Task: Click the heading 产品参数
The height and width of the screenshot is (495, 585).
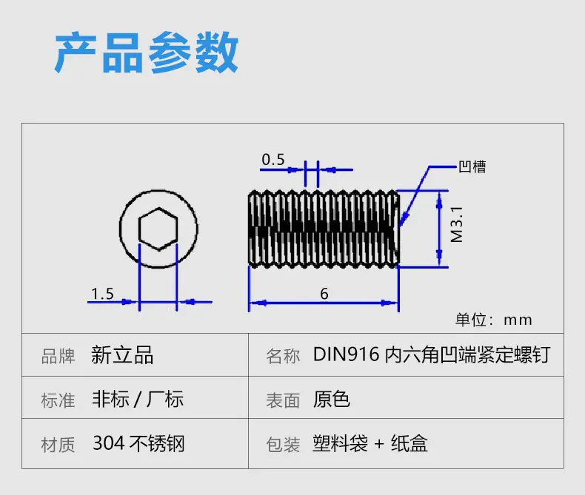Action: pos(147,53)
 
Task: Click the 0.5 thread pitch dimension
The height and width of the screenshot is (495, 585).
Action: pos(273,160)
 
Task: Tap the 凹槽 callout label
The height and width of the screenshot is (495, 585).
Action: pos(472,166)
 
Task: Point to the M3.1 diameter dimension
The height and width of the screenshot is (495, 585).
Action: pos(457,224)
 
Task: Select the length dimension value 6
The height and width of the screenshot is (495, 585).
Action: pos(324,294)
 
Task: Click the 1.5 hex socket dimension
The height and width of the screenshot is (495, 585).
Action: pos(103,294)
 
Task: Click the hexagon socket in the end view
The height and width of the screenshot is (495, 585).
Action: pos(158,229)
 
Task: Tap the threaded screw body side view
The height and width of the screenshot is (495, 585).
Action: pos(324,229)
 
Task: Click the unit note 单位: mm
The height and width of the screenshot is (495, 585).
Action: pos(494,320)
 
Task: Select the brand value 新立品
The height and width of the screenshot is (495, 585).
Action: pos(122,354)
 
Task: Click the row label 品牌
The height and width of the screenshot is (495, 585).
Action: pos(58,356)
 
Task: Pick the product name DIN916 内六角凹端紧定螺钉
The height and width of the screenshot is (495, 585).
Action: pos(432,354)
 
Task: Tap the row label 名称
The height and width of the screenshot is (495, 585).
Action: pos(283,356)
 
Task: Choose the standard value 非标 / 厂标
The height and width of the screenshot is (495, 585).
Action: pos(138,399)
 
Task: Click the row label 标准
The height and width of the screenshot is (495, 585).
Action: pos(58,400)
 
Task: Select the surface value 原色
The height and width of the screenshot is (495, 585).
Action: pos(331,399)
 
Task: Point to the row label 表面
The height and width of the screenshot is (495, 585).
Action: pos(283,400)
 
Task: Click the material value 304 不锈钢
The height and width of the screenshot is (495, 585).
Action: pos(138,443)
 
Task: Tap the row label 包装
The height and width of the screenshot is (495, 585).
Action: pos(283,445)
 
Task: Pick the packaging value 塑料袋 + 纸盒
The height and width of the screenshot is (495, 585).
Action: pos(370,443)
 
